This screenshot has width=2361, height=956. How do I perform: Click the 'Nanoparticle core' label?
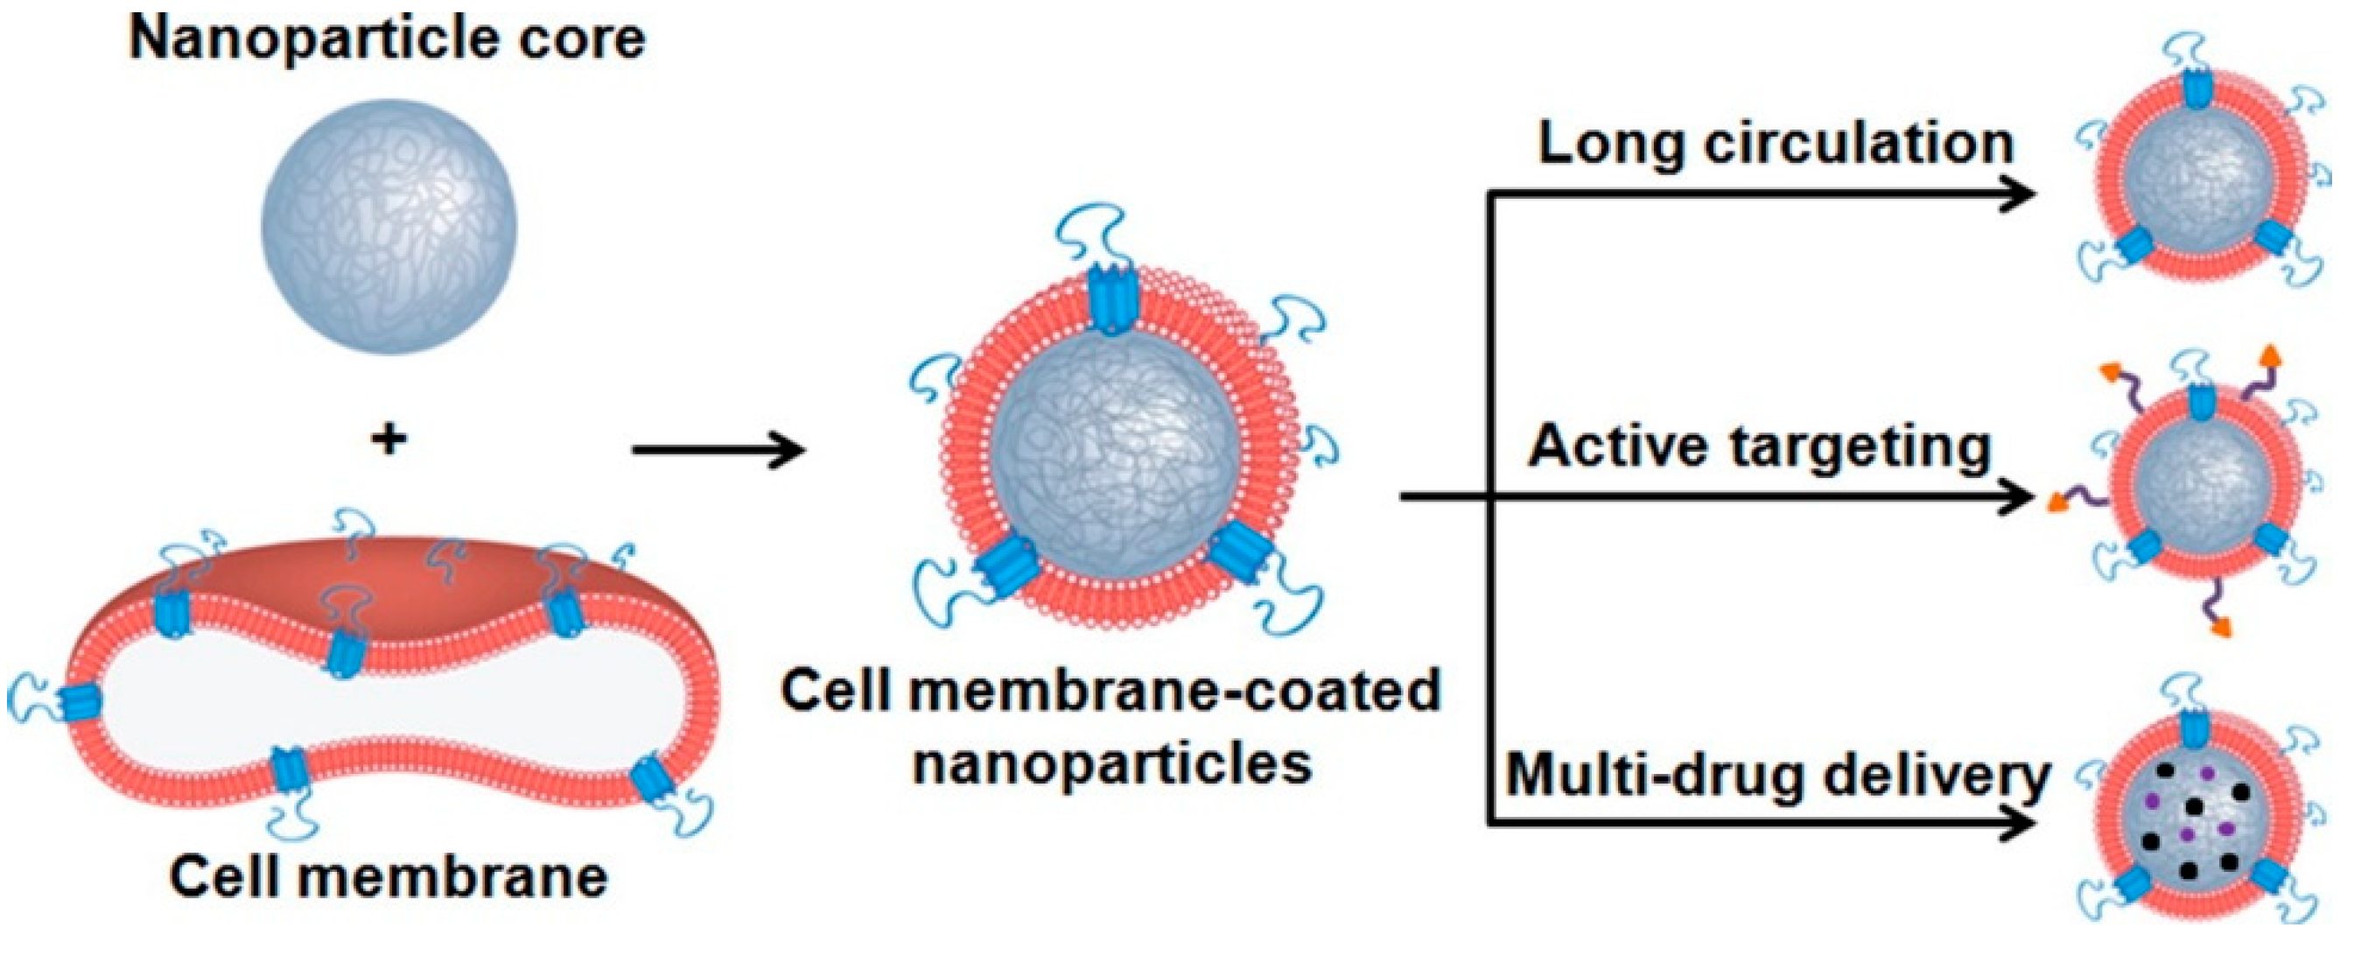pos(387,39)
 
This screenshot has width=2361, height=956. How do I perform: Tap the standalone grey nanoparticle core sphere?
pos(389,227)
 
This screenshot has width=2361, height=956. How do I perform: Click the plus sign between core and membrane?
pos(389,440)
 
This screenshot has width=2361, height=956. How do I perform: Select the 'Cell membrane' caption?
pos(389,877)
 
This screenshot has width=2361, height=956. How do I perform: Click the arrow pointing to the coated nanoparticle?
pos(718,450)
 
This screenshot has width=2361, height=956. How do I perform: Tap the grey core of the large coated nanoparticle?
pos(1114,448)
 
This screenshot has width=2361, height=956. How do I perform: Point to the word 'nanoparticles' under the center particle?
pos(1111,763)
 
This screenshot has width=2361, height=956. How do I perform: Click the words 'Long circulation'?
pos(1776,144)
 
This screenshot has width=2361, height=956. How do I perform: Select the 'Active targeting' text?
pos(1760,447)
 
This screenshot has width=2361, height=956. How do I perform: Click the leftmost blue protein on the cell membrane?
pos(81,702)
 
